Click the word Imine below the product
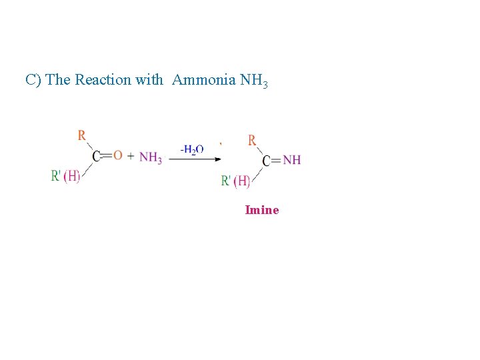pos(262,210)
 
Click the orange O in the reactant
pos(118,155)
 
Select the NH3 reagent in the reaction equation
pos(151,157)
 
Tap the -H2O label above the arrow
pos(192,149)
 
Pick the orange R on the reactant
pos(81,135)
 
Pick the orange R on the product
pos(252,140)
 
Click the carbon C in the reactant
pos(97,156)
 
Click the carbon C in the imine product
pos(267,161)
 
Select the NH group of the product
pos(292,160)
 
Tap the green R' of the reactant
pos(56,176)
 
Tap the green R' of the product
pos(227,181)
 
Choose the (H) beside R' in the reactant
pos(72,176)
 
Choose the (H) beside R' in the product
pos(243,181)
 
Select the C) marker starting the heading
pos(33,80)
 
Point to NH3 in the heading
pos(254,81)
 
